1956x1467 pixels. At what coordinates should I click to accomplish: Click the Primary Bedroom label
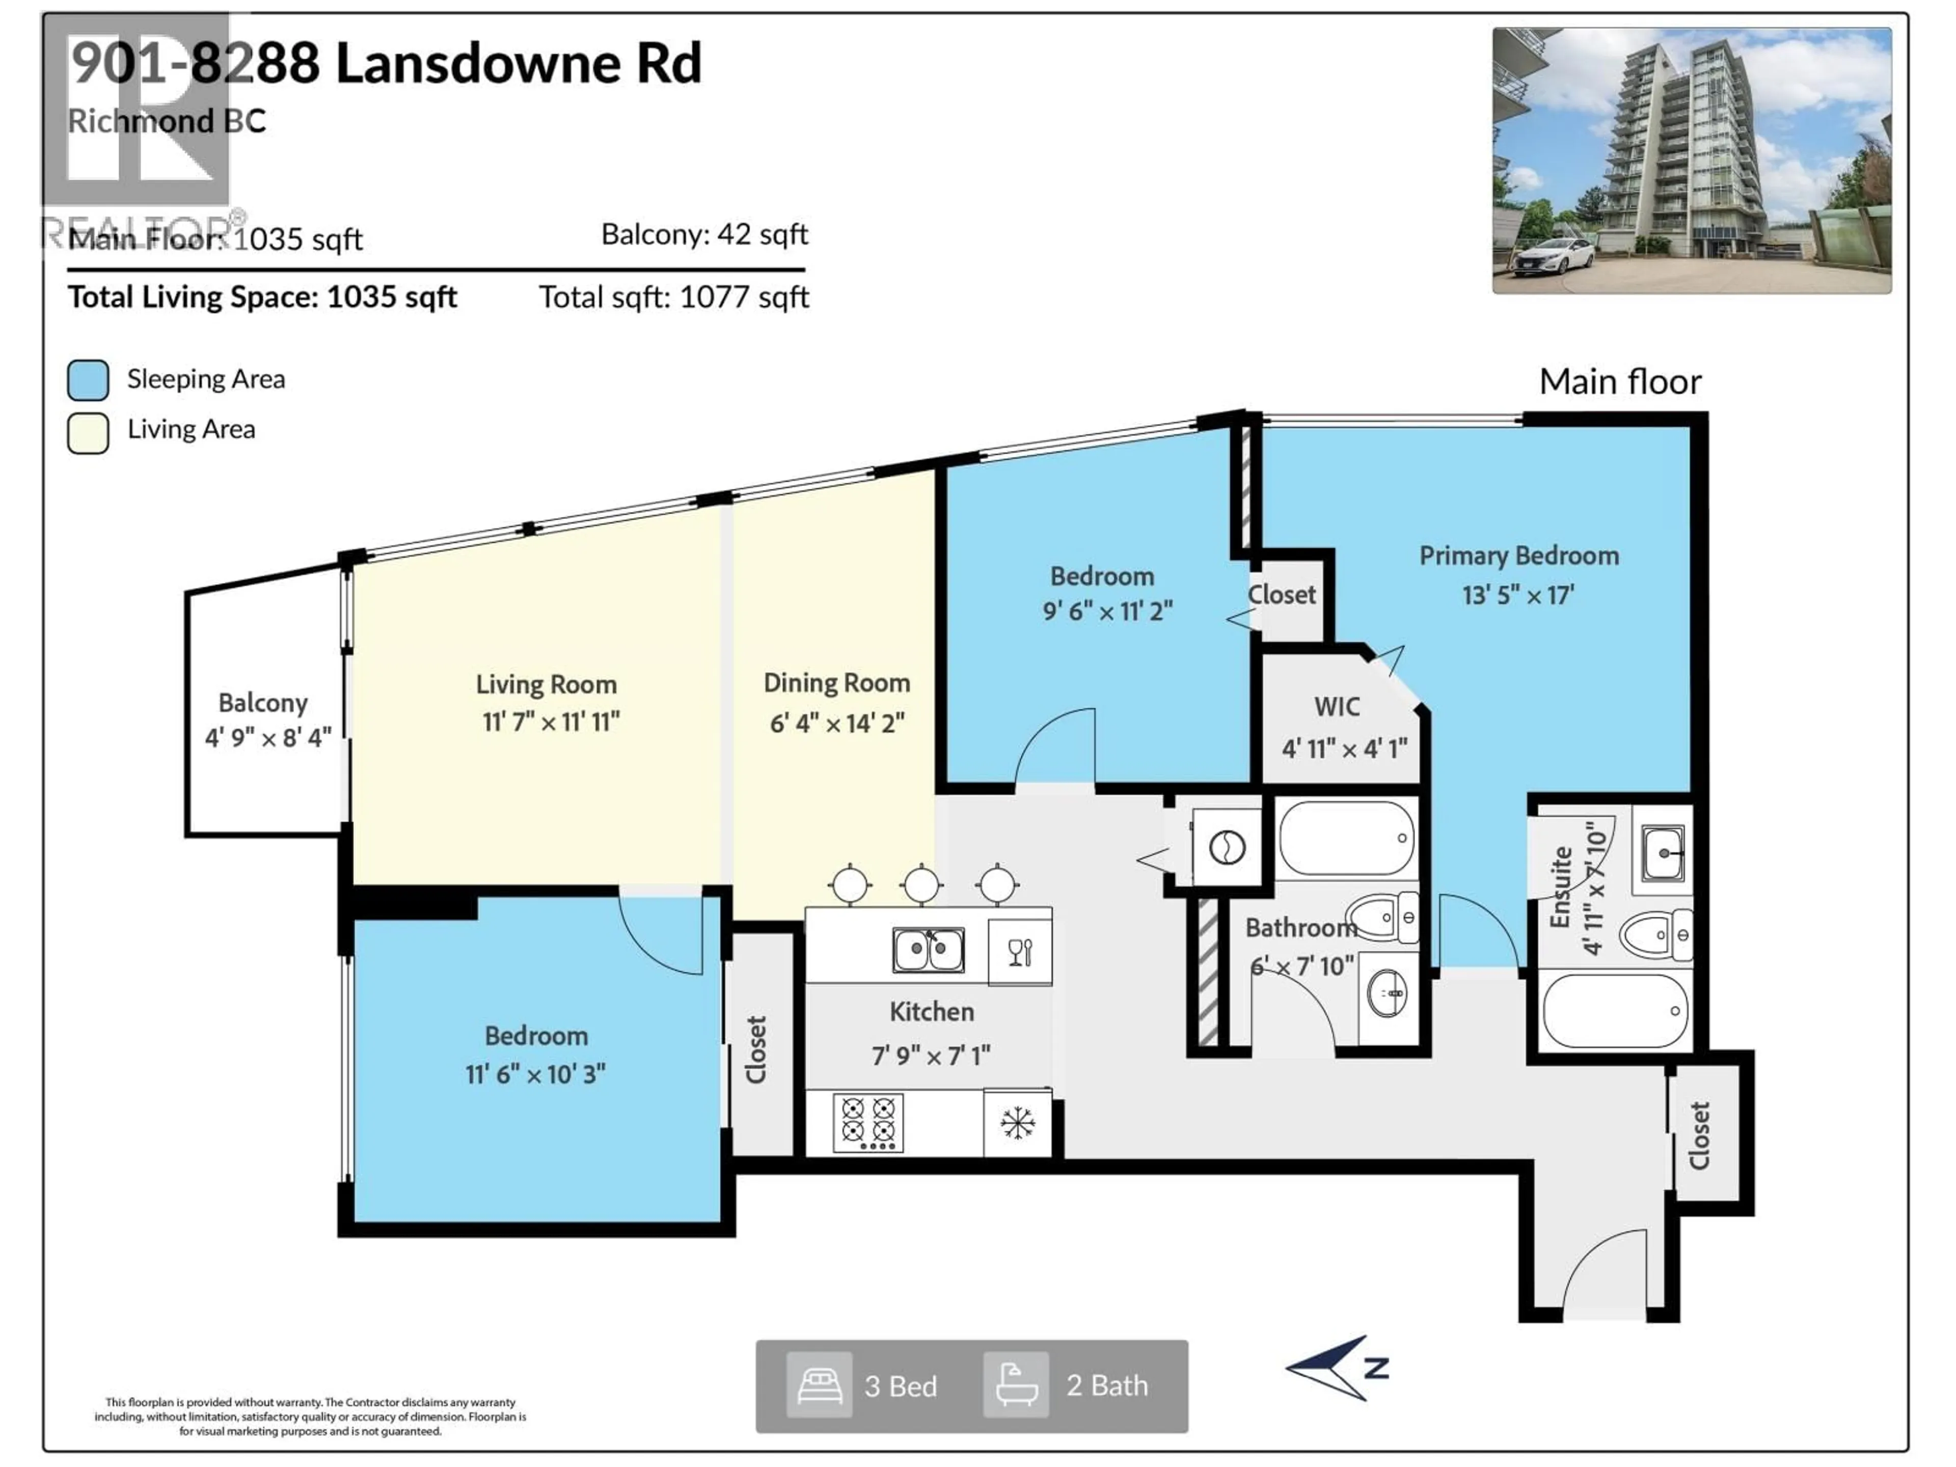[x=1518, y=555]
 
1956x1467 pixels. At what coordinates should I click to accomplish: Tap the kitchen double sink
[x=928, y=949]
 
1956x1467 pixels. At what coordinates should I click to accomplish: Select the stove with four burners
[x=867, y=1122]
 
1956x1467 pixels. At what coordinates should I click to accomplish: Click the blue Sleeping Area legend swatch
[x=89, y=380]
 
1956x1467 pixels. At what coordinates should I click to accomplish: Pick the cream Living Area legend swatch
[x=89, y=432]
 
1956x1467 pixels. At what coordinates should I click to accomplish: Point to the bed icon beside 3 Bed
[x=819, y=1385]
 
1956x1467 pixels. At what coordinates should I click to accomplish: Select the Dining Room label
[x=836, y=683]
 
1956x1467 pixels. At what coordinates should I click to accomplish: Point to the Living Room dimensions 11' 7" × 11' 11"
[x=551, y=722]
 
